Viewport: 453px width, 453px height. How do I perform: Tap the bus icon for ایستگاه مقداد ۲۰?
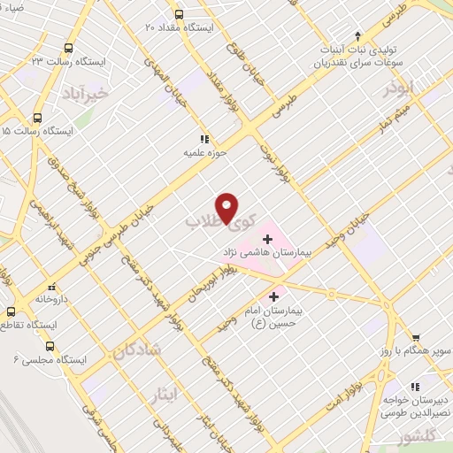[x=179, y=14]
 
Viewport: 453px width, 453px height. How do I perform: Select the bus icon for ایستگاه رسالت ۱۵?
[x=37, y=117]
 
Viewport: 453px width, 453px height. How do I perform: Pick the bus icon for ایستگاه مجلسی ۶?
[x=50, y=347]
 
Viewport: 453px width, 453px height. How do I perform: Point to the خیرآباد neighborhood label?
[x=85, y=92]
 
